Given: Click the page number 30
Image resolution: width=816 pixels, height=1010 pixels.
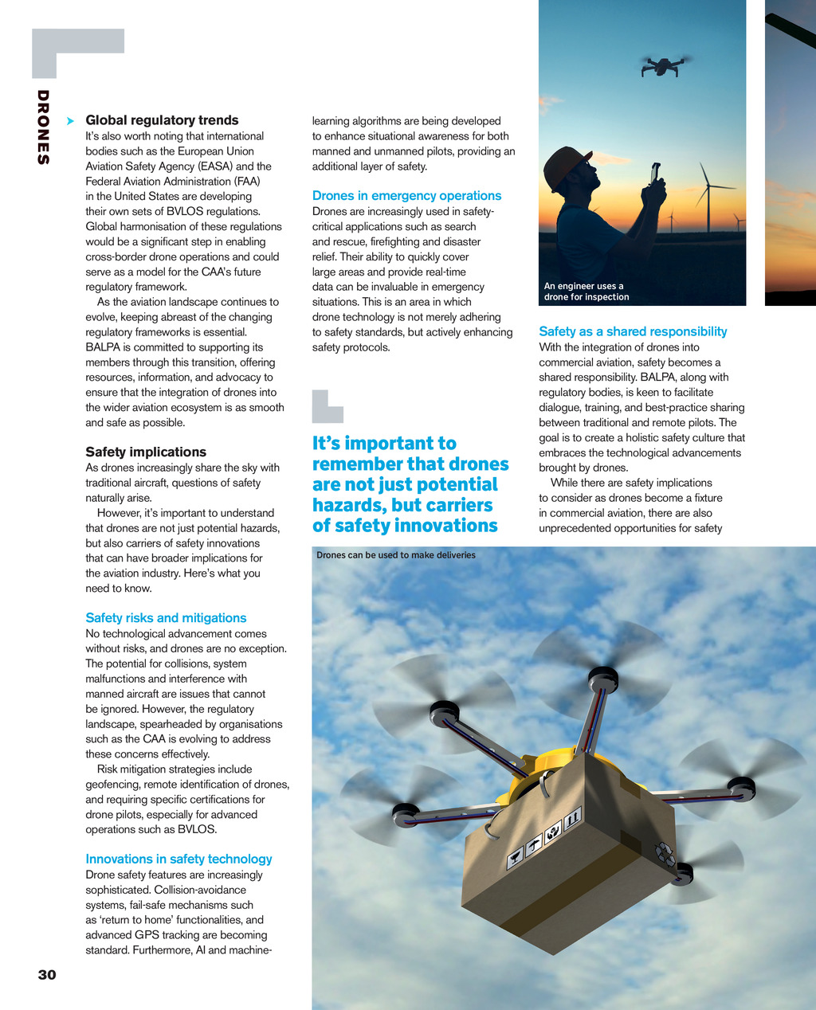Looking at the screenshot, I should (47, 975).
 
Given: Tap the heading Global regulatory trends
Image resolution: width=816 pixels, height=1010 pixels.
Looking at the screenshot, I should (162, 120).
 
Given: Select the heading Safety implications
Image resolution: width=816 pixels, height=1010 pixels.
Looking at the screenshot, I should (146, 452).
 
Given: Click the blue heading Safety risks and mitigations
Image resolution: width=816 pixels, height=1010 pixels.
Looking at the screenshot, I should (166, 617).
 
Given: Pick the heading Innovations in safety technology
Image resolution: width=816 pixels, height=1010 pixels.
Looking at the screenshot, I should (178, 859).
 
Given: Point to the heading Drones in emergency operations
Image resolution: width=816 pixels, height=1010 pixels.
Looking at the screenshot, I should (406, 195).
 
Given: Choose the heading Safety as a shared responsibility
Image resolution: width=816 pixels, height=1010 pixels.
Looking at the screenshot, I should (633, 331).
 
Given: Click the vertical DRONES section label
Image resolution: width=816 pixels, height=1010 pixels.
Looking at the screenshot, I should (43, 127).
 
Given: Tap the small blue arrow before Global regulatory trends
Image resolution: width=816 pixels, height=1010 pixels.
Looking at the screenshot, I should (71, 120).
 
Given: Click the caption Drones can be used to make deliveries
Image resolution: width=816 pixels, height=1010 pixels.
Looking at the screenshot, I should (395, 555).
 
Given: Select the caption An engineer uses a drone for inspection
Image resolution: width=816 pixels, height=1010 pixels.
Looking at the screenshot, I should (586, 292).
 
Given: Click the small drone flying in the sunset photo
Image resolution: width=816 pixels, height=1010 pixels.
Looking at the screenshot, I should (663, 65).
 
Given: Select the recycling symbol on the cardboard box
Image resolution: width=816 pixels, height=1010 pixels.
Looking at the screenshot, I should (664, 854).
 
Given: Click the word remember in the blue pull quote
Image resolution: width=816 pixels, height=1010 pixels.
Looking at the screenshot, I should (357, 464).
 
